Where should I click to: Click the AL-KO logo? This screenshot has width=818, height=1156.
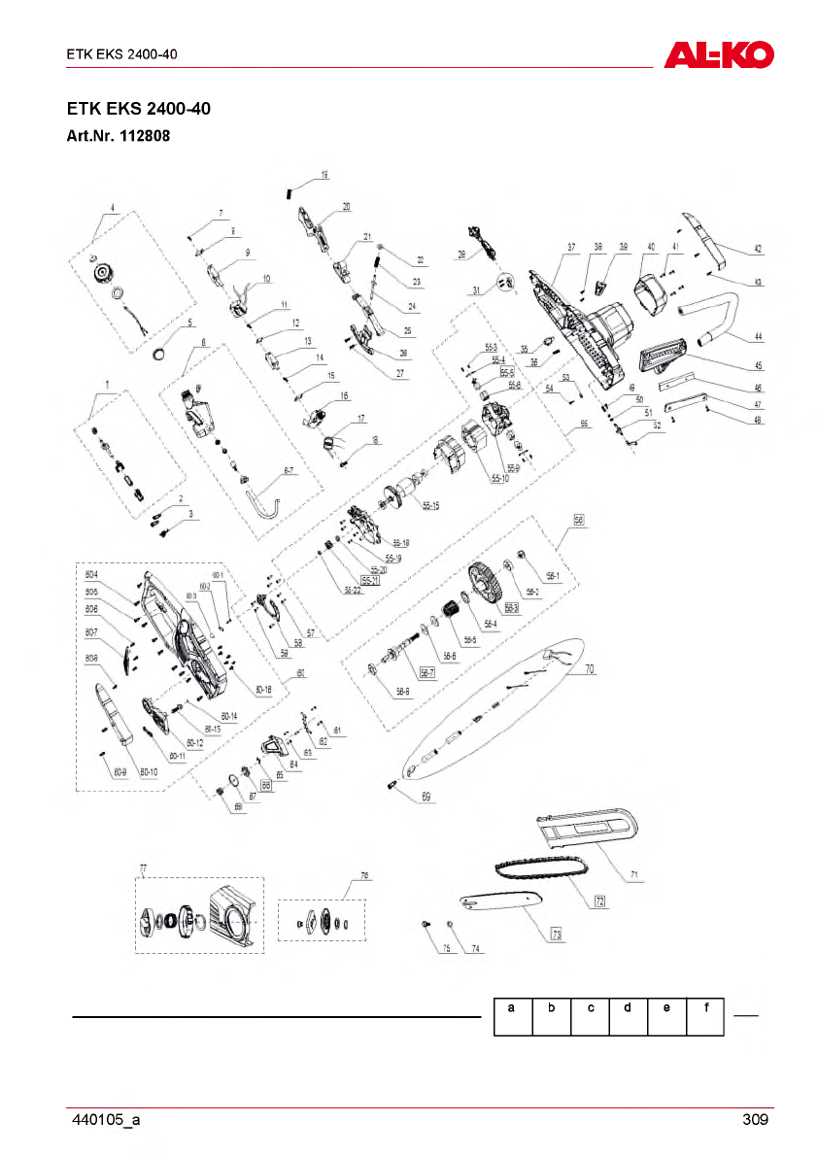pos(718,53)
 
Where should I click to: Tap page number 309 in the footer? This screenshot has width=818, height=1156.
pos(755,1120)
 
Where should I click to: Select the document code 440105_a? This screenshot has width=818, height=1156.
pos(106,1120)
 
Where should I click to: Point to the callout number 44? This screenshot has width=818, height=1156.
pos(757,338)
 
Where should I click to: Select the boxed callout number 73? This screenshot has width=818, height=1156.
pos(557,935)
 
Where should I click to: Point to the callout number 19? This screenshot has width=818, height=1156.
pos(324,175)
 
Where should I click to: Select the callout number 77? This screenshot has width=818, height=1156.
pos(143,866)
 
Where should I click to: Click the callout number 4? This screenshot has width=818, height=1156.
pos(113,208)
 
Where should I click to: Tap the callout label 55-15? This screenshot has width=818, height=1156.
pos(430,505)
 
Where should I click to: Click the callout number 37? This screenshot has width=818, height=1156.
pos(572,246)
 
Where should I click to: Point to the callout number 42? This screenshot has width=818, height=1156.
pos(757,250)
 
